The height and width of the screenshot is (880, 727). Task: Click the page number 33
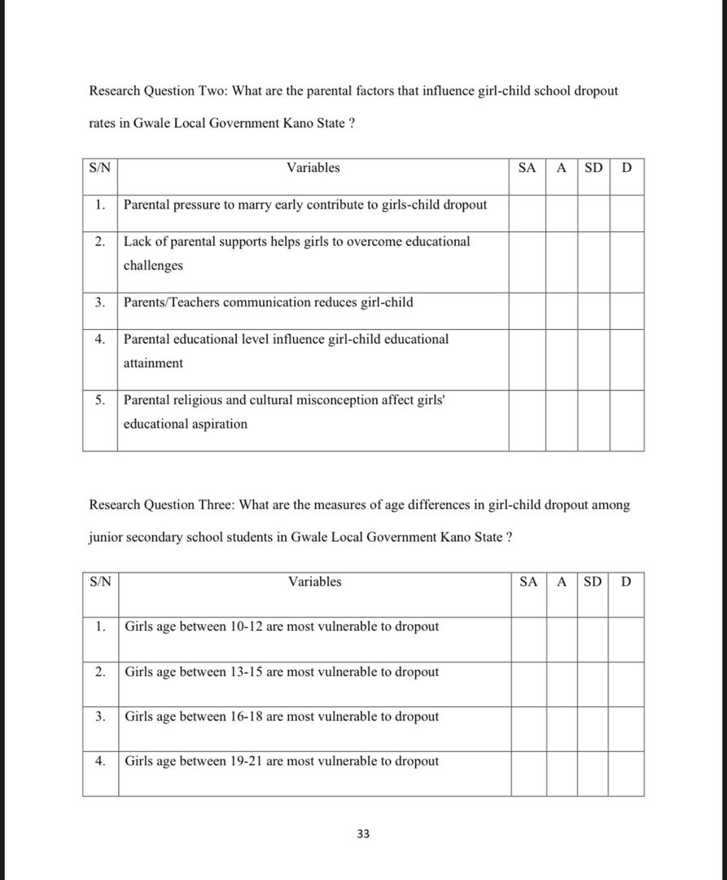(x=363, y=834)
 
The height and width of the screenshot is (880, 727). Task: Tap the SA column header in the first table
(x=527, y=168)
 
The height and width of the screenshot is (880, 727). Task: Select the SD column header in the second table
(x=593, y=582)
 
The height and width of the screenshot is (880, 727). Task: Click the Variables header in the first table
(x=313, y=168)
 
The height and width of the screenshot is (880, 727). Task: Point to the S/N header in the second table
(x=100, y=582)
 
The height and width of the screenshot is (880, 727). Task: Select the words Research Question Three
(x=162, y=505)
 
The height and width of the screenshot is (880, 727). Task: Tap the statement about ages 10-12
(x=282, y=627)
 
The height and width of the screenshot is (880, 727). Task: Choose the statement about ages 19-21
(x=282, y=761)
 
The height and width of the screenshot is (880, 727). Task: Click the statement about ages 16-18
(x=282, y=716)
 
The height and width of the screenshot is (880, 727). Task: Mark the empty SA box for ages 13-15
(x=528, y=684)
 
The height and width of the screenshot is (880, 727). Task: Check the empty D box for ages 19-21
(x=625, y=773)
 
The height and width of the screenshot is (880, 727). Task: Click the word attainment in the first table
(x=153, y=363)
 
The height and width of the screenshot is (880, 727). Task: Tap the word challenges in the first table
(x=153, y=266)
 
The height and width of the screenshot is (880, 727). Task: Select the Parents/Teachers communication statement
(x=268, y=302)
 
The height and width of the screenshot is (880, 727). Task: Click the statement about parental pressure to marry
(x=305, y=205)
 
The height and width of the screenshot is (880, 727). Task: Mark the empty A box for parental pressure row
(x=561, y=213)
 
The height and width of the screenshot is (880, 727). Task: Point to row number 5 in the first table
(x=99, y=400)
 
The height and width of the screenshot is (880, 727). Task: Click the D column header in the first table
(x=626, y=168)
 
